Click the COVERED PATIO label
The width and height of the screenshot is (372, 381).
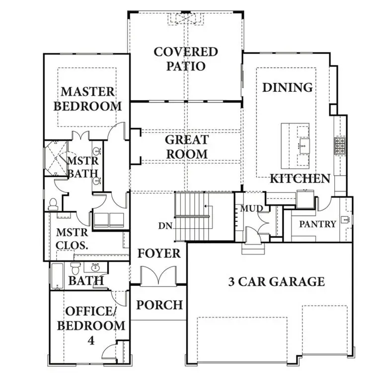[186, 59]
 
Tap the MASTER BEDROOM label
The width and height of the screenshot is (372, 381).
[88, 99]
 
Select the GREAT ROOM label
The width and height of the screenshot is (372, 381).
[187, 147]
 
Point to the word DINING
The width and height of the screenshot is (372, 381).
[288, 87]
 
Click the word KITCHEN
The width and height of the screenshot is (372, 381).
[299, 179]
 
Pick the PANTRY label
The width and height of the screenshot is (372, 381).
[317, 224]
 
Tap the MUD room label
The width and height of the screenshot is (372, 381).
[250, 208]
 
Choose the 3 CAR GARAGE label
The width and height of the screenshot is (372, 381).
[276, 282]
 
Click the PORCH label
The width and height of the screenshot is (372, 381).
[159, 304]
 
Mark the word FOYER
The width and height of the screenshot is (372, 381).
[159, 254]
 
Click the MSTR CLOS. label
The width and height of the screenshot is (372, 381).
[72, 238]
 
